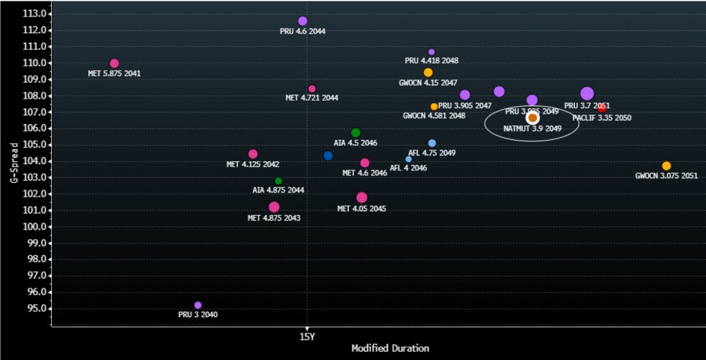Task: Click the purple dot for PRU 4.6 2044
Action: pyautogui.click(x=303, y=21)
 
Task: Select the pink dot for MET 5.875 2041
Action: pyautogui.click(x=114, y=63)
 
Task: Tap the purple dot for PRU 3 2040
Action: pyautogui.click(x=198, y=305)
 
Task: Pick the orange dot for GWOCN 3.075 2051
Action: pyautogui.click(x=666, y=166)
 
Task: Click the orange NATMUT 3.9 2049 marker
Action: pyautogui.click(x=533, y=118)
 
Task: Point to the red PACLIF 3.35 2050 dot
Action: pyautogui.click(x=601, y=108)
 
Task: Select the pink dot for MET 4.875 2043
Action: pyautogui.click(x=274, y=207)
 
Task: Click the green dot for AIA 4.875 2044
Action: pyautogui.click(x=279, y=181)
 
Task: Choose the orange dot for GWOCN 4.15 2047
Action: pyautogui.click(x=428, y=72)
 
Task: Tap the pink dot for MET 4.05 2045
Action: pyautogui.click(x=362, y=198)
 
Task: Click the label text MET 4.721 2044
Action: pyautogui.click(x=312, y=98)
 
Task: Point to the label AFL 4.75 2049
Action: pyautogui.click(x=432, y=153)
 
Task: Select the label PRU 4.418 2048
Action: pyautogui.click(x=432, y=61)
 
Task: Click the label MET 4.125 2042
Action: pyautogui.click(x=252, y=165)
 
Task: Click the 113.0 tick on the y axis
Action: pyautogui.click(x=35, y=14)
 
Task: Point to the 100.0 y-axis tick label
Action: pyautogui.click(x=35, y=226)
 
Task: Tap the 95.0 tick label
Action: pyautogui.click(x=37, y=308)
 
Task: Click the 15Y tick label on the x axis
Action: pyautogui.click(x=307, y=337)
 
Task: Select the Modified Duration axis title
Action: pyautogui.click(x=390, y=349)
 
